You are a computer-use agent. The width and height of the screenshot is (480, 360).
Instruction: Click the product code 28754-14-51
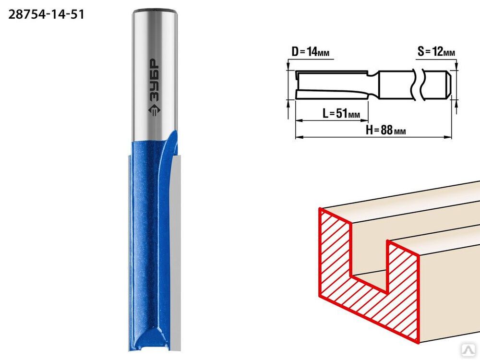click(46, 14)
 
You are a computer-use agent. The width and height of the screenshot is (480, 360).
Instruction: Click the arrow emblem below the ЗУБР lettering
click(154, 110)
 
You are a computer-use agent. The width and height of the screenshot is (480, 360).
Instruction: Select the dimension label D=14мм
click(311, 52)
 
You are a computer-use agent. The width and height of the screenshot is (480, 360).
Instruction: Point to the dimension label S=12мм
click(436, 52)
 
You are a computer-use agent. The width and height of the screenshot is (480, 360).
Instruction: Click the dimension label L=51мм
click(341, 114)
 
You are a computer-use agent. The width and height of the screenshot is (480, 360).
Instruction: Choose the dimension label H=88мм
click(386, 130)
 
